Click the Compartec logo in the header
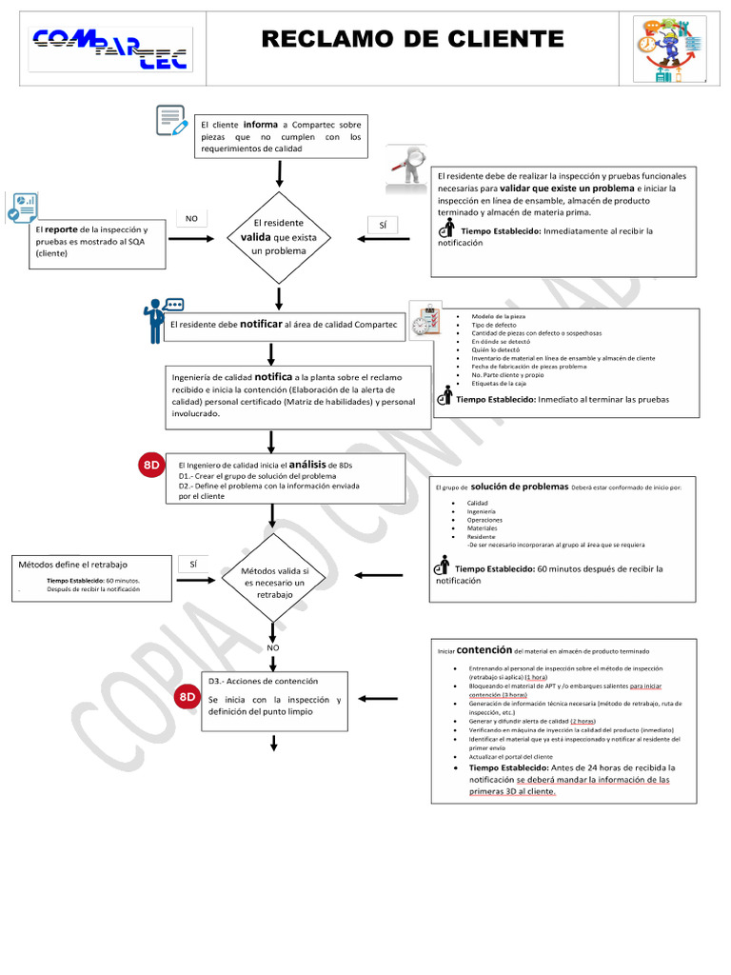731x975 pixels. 109,50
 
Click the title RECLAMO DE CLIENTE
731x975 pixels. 412,39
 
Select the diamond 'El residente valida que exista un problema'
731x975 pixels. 278,237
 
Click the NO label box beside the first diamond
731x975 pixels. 191,219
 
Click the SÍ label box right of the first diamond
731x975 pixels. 382,225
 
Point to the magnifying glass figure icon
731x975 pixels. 405,166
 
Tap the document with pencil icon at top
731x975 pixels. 172,121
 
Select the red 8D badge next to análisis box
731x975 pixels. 152,465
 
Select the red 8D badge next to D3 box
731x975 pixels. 187,698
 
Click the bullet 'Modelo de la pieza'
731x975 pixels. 498,315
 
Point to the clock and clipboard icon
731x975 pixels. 424,321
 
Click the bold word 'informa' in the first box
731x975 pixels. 260,124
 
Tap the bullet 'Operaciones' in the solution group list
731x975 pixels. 484,520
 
